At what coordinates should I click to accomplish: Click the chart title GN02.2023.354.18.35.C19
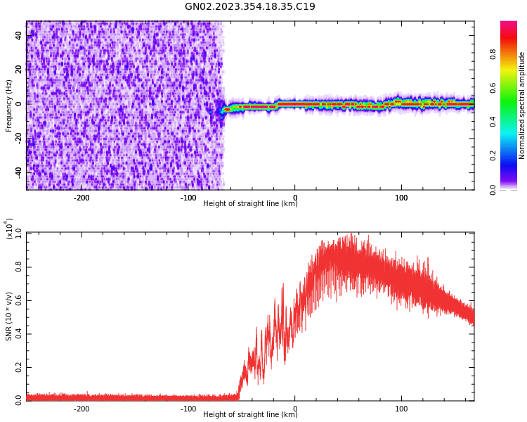[x=250, y=7]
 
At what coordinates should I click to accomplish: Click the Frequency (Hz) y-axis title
[x=9, y=105]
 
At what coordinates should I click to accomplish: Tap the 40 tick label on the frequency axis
[x=18, y=36]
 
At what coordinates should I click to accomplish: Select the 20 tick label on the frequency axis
[x=18, y=70]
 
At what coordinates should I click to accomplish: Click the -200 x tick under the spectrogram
[x=82, y=198]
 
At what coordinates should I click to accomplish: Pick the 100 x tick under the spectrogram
[x=401, y=198]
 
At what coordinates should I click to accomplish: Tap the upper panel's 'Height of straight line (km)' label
[x=250, y=204]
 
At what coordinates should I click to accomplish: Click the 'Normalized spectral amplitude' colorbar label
[x=522, y=105]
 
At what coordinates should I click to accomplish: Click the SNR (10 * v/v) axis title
[x=9, y=316]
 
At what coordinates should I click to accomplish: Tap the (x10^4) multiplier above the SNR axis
[x=9, y=229]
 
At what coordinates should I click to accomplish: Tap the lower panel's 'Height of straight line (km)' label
[x=250, y=415]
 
